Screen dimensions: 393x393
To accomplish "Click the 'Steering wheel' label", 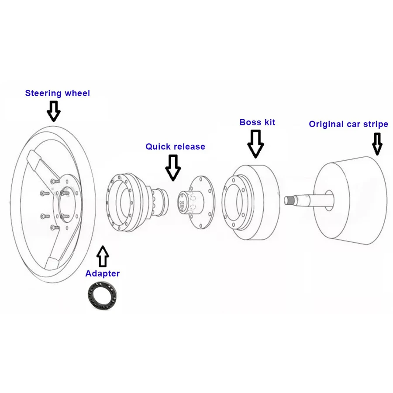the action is tap(57, 93).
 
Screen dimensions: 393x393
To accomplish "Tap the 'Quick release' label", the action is tap(175, 147).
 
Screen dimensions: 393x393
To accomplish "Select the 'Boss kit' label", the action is tap(257, 122).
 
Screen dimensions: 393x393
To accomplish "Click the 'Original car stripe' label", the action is tap(348, 124).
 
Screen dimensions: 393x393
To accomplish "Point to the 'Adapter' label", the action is tap(102, 274).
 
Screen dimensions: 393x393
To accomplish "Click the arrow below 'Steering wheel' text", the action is tap(54, 111).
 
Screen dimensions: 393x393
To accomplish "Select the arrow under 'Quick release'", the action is tap(173, 167).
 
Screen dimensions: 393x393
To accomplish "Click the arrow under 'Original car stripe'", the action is tap(377, 144).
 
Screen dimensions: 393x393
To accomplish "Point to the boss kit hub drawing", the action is tap(251, 202).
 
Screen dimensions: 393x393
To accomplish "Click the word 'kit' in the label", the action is tap(269, 122).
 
